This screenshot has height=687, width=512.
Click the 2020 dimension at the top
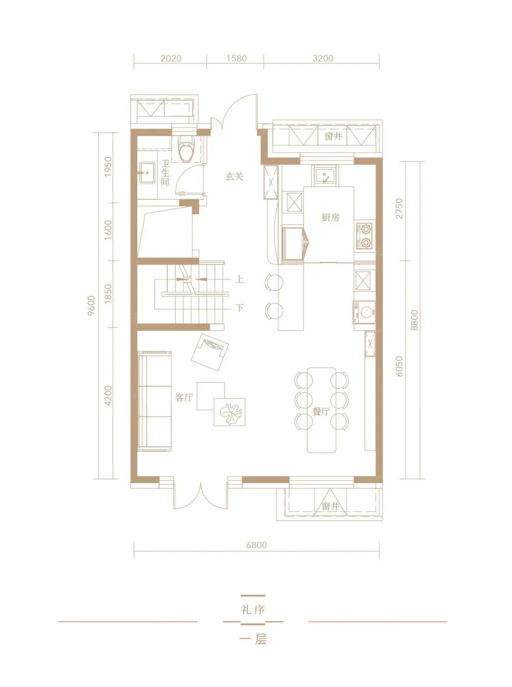(171, 58)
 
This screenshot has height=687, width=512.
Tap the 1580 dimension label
(236, 58)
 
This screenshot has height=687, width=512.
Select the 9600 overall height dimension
(91, 306)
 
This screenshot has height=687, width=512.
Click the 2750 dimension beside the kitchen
(399, 209)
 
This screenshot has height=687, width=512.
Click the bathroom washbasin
(146, 172)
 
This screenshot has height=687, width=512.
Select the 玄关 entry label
(234, 177)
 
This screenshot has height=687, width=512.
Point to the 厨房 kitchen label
(330, 217)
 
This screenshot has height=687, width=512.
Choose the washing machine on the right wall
(364, 312)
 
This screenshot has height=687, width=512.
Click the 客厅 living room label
(184, 397)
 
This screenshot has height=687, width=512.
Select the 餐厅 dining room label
(321, 412)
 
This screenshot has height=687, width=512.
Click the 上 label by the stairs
(239, 279)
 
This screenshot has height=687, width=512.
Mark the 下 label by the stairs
(240, 308)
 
